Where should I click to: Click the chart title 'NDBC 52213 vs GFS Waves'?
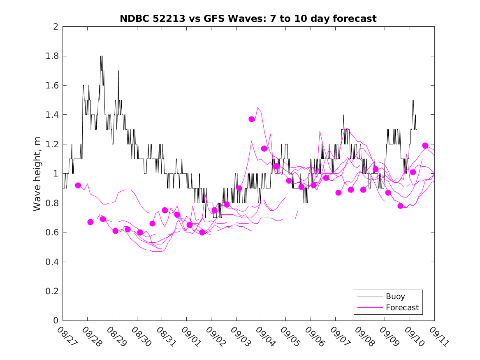pyautogui.click(x=248, y=19)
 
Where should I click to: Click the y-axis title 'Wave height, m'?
pyautogui.click(x=37, y=174)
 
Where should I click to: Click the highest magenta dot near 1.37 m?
pyautogui.click(x=252, y=119)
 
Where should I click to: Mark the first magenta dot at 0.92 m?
pyautogui.click(x=78, y=185)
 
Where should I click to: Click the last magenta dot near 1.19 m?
pyautogui.click(x=425, y=146)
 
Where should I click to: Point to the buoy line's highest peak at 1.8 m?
pyautogui.click(x=101, y=56)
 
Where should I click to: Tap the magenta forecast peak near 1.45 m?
pyautogui.click(x=258, y=108)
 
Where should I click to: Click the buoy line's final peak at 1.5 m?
pyautogui.click(x=413, y=100)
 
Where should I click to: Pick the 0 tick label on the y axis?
pyautogui.click(x=56, y=321)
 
